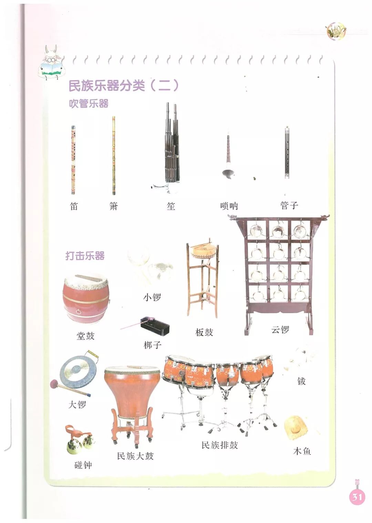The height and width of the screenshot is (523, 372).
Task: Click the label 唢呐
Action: [x=229, y=206]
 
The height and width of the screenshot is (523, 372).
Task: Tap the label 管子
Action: [x=289, y=205]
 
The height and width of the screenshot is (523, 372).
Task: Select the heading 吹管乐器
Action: [x=89, y=103]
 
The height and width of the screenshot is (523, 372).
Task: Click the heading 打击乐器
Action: [x=85, y=256]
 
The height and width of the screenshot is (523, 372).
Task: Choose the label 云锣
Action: [x=280, y=330]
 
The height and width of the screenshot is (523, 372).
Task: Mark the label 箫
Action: [x=114, y=206]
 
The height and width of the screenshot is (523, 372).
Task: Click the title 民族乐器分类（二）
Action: [x=124, y=86]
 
